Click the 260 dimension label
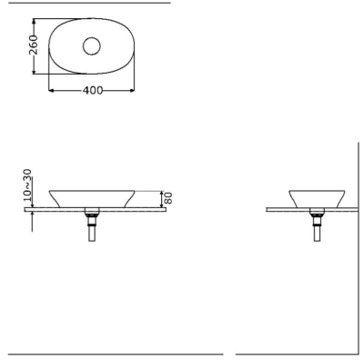34,45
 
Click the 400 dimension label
93,90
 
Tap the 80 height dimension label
168,198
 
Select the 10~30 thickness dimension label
27,185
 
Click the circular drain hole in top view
92,46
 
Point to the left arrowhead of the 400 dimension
51,90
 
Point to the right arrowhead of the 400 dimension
132,90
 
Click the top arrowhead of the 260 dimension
35,21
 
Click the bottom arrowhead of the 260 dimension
35,71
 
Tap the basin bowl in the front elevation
92,198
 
